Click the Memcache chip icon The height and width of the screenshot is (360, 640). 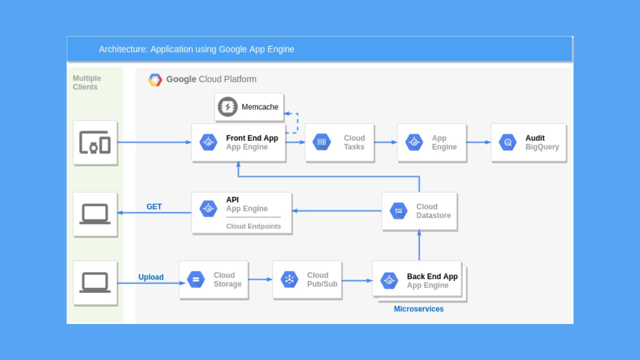pos(227,106)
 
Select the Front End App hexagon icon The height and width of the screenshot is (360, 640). pos(208,142)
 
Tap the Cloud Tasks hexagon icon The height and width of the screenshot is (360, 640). pos(321,142)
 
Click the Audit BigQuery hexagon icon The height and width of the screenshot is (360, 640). pos(507,142)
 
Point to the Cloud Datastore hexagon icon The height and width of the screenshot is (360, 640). pos(398,210)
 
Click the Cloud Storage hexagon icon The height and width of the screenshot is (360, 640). pos(195,279)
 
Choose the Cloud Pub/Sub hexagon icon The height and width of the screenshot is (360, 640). pos(289,279)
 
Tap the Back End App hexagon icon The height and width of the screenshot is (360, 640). pos(389,280)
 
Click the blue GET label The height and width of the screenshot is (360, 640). pos(154,206)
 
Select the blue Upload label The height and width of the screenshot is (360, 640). pos(151,277)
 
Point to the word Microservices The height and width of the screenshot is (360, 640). pos(418,309)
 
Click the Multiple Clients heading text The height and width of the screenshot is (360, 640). pos(86,82)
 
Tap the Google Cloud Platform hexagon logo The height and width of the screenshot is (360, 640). pos(155,79)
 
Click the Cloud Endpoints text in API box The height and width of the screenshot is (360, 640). pos(253,226)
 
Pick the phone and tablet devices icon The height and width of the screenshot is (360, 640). pos(95,142)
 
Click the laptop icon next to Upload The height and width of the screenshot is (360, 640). pos(95,282)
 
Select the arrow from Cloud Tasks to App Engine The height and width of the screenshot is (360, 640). pos(385,142)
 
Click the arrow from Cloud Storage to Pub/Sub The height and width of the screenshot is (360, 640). pos(260,279)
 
